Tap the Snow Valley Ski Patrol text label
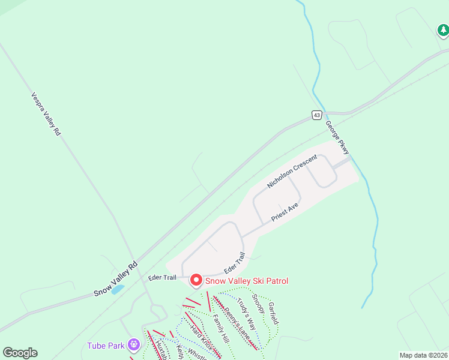tap(247, 281)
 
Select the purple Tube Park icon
tap(133, 345)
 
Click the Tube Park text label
tap(106, 346)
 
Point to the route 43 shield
tap(317, 114)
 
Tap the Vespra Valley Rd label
tap(46, 113)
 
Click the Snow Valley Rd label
tap(116, 278)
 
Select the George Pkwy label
tap(338, 137)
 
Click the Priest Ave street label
tap(285, 212)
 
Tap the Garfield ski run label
tap(274, 313)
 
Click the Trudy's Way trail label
tap(246, 314)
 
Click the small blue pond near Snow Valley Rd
tap(118, 289)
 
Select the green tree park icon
tap(442, 29)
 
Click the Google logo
tap(20, 353)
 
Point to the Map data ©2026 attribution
tap(423, 355)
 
